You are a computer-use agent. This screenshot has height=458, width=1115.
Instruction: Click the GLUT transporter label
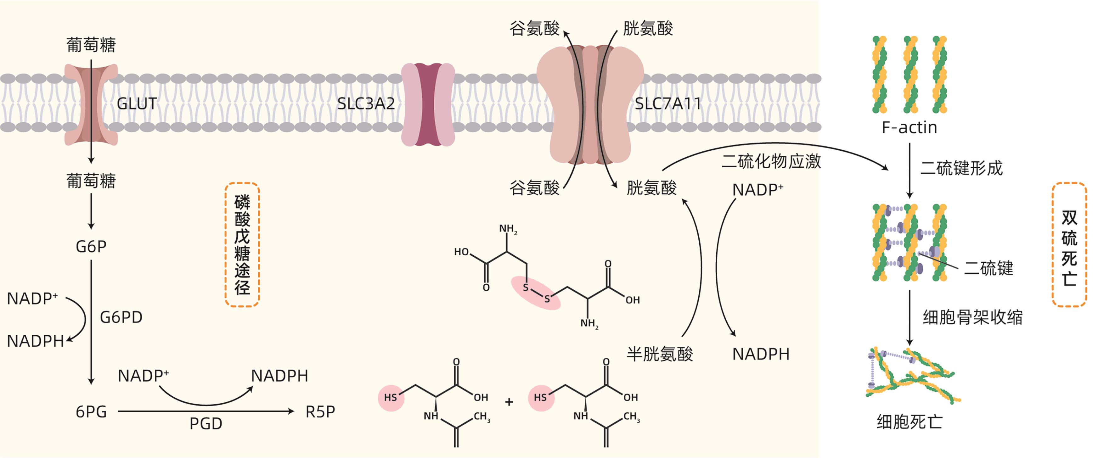137,104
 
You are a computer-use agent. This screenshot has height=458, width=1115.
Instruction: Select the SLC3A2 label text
366,104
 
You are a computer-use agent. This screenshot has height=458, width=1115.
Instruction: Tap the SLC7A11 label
667,104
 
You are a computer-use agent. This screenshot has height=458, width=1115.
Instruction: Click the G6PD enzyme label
121,317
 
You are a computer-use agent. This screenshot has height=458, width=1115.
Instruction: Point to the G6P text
91,247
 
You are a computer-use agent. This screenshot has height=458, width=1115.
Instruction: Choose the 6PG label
91,412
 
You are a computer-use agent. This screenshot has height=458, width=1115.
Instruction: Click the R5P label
320,412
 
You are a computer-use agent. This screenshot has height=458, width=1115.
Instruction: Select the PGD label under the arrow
206,424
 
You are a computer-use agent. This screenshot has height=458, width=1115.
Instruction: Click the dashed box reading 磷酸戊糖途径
242,245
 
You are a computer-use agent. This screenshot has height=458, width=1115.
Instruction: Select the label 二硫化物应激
771,161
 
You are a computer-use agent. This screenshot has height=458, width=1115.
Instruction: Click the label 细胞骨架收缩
972,317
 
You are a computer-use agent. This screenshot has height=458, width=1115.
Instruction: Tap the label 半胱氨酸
660,354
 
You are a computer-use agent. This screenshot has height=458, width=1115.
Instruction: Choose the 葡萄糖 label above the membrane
91,45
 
